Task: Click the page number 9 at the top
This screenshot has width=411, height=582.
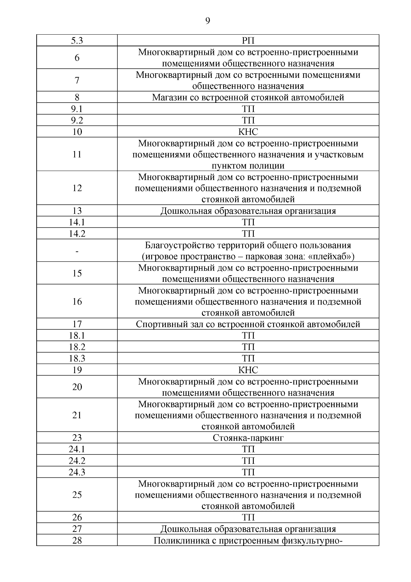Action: coord(208,21)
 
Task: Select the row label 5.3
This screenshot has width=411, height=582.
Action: coord(77,41)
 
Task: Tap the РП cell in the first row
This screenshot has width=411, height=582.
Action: coord(248,41)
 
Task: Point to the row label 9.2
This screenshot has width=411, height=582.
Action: coord(77,120)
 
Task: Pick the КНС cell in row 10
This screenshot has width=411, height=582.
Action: coord(248,132)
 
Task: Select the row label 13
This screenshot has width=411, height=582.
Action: coord(77,211)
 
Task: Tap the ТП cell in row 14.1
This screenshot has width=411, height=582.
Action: coord(248,222)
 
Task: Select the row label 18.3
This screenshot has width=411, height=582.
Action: coord(77,358)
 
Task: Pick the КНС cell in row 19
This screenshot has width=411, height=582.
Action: coord(248,370)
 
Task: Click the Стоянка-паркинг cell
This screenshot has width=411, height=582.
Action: coord(248,438)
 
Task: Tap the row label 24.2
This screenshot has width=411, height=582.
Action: coord(77,461)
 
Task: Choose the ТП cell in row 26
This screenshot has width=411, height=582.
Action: coord(248,517)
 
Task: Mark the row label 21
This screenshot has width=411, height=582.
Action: coord(77,415)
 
